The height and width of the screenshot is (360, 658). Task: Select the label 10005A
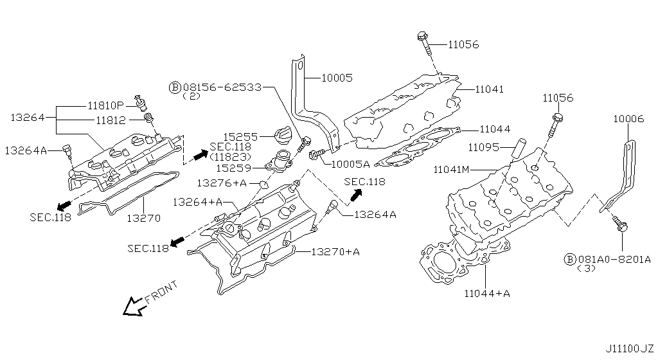(351, 163)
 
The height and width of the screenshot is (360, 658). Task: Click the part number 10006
(630, 119)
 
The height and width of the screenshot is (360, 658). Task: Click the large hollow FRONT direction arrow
(135, 306)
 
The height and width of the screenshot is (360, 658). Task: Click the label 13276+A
(221, 183)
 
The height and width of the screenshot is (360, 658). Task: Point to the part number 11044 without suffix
(495, 130)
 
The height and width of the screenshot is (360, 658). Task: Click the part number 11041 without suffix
(490, 90)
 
